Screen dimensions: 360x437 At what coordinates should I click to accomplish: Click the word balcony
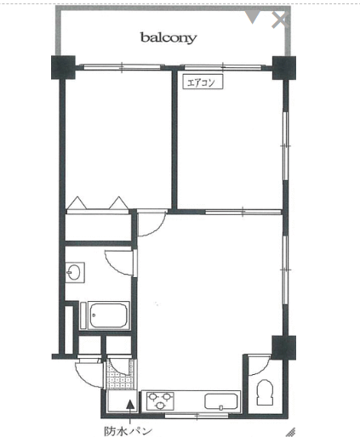169,37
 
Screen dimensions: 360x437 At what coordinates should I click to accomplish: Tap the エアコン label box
203,82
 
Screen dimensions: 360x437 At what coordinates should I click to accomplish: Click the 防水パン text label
128,431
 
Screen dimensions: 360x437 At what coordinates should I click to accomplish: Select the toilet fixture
265,392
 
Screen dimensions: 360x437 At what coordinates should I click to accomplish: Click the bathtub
108,315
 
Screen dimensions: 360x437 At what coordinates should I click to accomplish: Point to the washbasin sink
75,272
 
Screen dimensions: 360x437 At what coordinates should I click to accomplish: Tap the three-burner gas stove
160,400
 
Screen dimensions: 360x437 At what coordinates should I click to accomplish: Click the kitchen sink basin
220,401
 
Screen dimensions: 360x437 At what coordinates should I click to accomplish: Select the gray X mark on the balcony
280,20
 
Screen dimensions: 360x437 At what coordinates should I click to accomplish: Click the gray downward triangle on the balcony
252,17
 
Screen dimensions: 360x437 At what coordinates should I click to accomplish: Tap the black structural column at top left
63,67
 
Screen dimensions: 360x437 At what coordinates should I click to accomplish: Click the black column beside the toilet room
284,348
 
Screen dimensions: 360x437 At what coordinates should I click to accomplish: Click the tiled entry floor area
120,374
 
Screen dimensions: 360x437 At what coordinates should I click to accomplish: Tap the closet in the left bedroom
98,227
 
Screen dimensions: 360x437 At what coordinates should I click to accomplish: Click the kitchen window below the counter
197,416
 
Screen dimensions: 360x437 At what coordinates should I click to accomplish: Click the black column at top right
284,68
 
